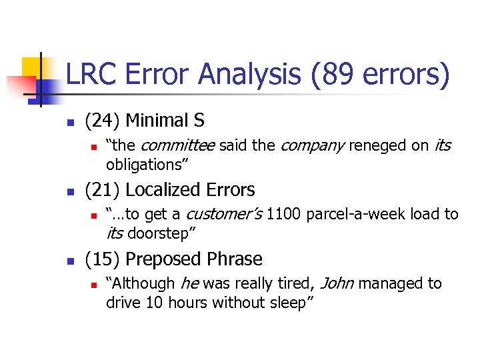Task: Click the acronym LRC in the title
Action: [x=92, y=74]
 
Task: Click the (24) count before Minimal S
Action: [x=102, y=121]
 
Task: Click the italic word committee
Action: [x=178, y=145]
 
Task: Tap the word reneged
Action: [x=378, y=145]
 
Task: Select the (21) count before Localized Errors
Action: [x=102, y=190]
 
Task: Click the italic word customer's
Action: [x=223, y=215]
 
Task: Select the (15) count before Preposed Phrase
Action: [x=102, y=259]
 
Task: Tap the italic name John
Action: [x=337, y=284]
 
